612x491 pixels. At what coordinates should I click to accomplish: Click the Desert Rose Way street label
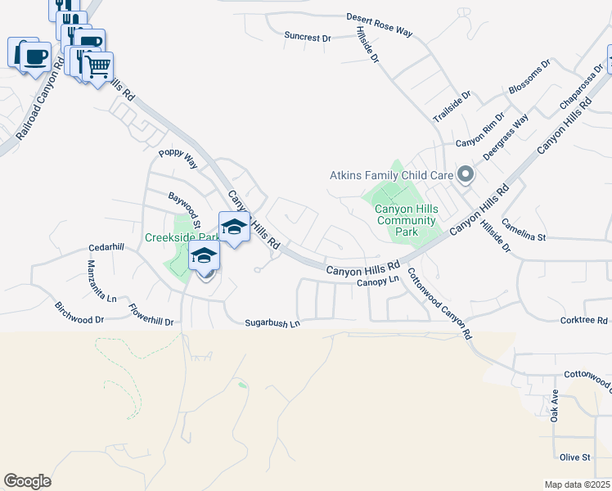[x=379, y=24]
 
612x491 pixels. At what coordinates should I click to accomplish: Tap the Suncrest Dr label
[x=307, y=38]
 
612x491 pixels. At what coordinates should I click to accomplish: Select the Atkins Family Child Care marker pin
[x=466, y=174]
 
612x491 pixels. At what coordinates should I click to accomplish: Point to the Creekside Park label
[x=181, y=237]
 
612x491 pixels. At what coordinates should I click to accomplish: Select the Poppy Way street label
[x=178, y=158]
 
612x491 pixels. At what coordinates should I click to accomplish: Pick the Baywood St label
[x=185, y=210]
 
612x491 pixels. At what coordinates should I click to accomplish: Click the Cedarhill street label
[x=106, y=248]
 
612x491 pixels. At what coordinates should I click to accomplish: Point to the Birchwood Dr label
[x=79, y=313]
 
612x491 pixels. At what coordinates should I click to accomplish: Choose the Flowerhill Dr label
[x=151, y=315]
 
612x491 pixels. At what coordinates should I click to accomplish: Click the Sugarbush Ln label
[x=273, y=324]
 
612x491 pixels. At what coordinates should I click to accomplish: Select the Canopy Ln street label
[x=377, y=281]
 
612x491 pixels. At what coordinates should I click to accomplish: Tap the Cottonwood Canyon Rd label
[x=439, y=304]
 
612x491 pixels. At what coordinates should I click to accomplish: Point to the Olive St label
[x=575, y=457]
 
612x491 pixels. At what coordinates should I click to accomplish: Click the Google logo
[x=27, y=481]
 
